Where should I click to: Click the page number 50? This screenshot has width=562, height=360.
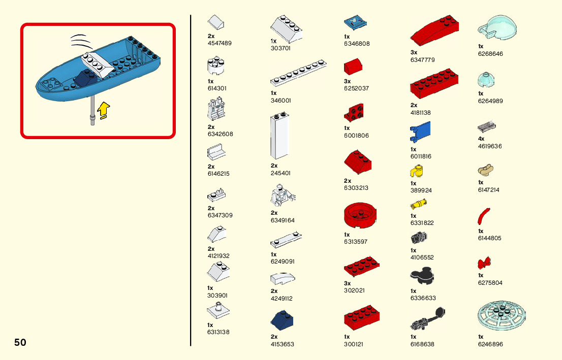[20, 342]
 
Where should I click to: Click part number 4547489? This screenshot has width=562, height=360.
[220, 43]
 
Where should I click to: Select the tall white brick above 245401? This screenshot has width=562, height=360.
[280, 136]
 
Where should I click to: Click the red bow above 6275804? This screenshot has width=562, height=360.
[484, 263]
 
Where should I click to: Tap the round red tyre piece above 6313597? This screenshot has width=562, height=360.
[360, 216]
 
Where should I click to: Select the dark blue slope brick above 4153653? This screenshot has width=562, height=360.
[282, 321]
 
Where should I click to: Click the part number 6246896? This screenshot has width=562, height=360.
[490, 344]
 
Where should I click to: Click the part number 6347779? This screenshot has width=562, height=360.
[422, 60]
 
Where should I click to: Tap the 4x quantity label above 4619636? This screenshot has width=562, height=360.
[481, 139]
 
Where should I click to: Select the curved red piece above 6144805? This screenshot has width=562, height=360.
[484, 215]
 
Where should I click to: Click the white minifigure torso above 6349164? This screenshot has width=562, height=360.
[282, 196]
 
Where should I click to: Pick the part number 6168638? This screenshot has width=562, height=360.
[423, 344]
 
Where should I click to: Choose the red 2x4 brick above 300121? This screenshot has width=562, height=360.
[362, 318]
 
